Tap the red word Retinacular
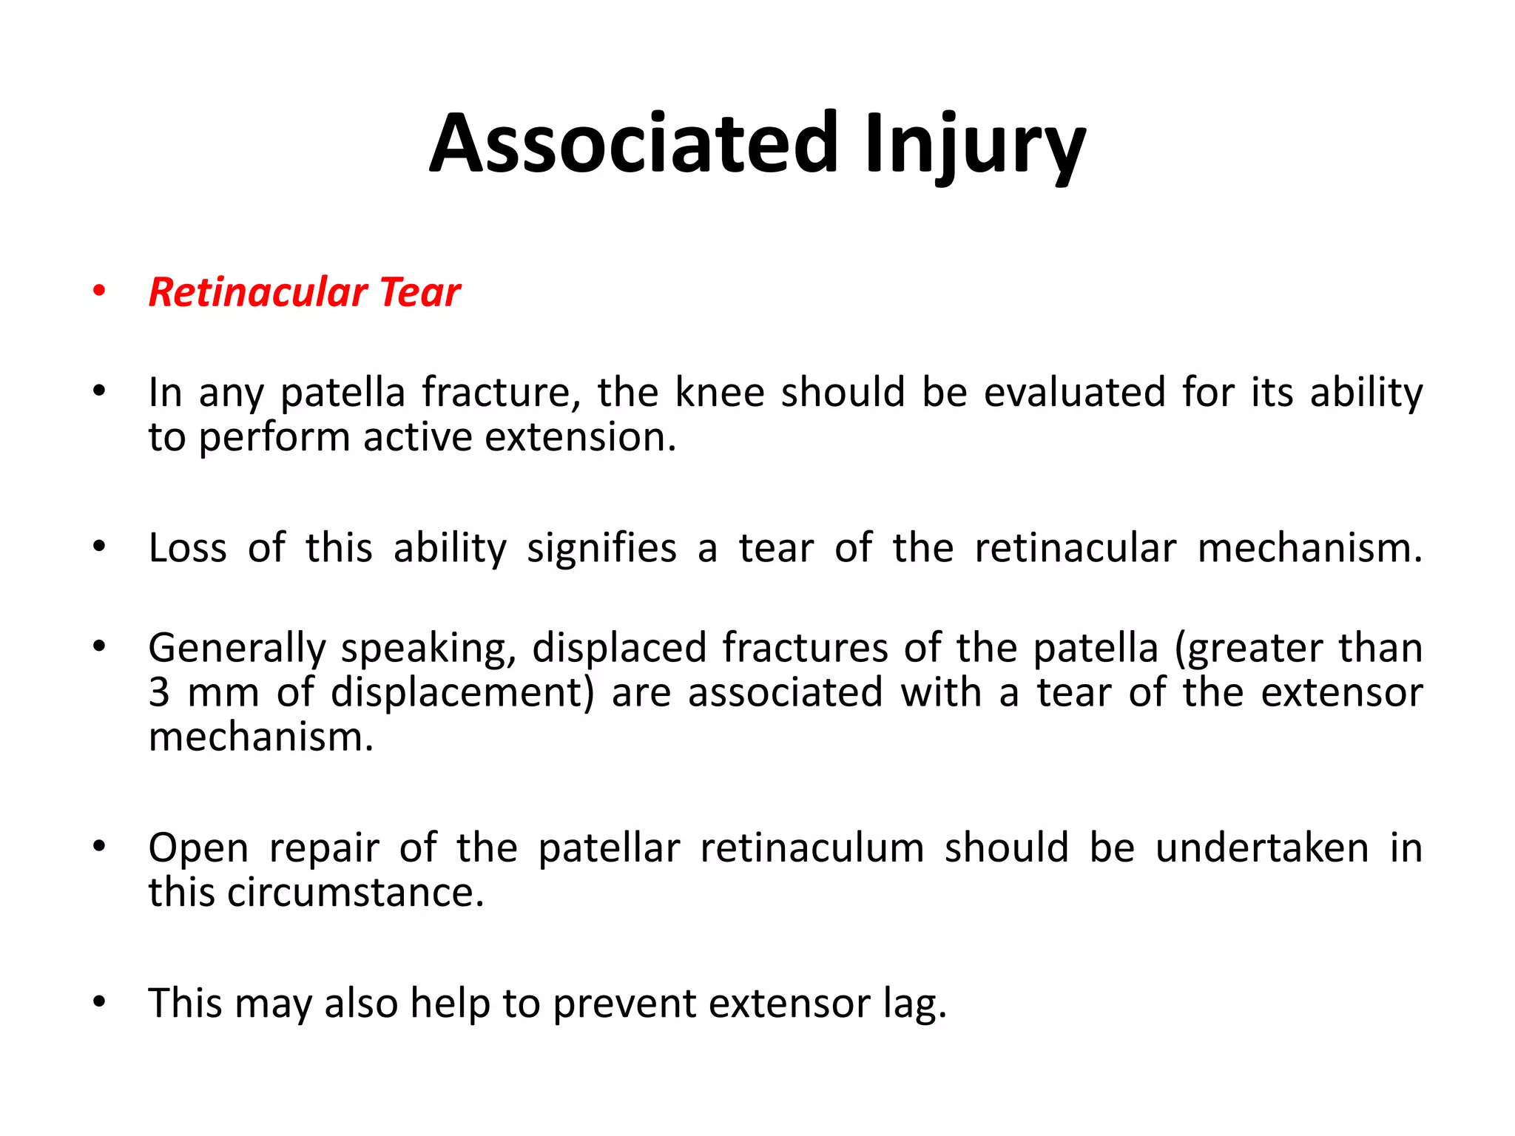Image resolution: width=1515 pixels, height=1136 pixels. point(258,291)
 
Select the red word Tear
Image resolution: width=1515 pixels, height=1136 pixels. point(420,291)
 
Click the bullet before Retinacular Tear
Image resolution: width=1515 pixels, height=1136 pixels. point(99,291)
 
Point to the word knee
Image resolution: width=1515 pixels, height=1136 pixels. point(719,392)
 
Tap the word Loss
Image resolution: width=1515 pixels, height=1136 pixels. point(187,548)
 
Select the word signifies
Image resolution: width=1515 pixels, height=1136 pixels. point(601,548)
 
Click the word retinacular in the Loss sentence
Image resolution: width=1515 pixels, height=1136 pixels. point(1075,548)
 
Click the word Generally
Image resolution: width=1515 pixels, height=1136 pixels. point(237,648)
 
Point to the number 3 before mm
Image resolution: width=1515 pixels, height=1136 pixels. point(159,693)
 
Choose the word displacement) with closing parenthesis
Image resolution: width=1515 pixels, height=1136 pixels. point(462,693)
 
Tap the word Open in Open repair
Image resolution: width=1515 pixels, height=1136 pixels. point(198,848)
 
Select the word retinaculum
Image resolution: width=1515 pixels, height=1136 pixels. point(812,848)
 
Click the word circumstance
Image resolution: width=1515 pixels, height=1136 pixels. point(355,893)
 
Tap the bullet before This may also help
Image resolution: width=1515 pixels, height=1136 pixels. point(99,1003)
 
